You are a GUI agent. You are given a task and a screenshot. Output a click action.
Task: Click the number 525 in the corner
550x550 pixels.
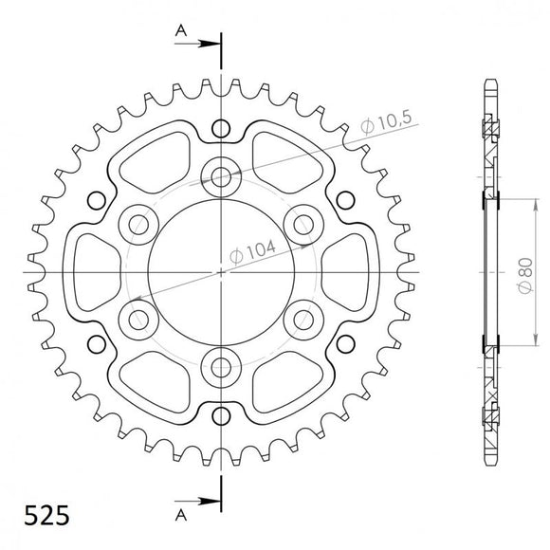(41, 517)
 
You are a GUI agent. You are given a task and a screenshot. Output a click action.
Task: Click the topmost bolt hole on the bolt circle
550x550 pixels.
(222, 175)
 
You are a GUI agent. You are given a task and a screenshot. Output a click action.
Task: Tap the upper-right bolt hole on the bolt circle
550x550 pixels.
(303, 223)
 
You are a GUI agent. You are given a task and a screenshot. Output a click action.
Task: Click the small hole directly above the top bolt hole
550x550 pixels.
(222, 128)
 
